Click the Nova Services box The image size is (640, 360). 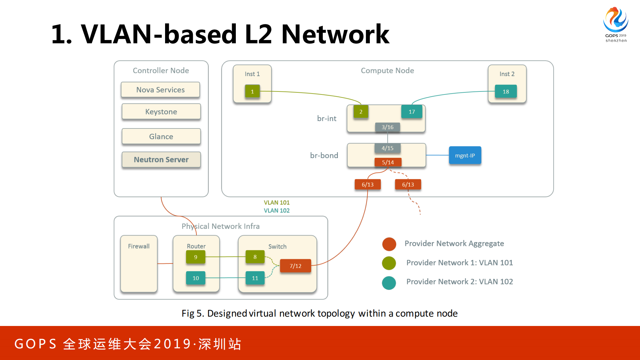[160, 90]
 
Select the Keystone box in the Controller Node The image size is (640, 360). [161, 112]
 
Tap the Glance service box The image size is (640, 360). [161, 136]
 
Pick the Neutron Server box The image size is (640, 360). [161, 159]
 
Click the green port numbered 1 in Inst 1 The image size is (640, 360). [252, 91]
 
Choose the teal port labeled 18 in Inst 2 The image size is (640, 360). [506, 91]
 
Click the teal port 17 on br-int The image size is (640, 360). [412, 112]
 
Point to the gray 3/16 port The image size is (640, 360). [387, 127]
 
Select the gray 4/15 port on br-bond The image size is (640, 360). [387, 148]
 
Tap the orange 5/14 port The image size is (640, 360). [388, 162]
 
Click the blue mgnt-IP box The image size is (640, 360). [465, 155]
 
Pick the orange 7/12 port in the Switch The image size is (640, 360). [295, 266]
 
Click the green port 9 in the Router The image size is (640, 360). [195, 257]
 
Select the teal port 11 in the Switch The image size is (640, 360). [255, 278]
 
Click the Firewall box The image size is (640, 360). [139, 264]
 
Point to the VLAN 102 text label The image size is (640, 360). [276, 211]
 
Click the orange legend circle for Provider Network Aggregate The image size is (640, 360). [389, 244]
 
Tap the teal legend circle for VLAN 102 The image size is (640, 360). [389, 283]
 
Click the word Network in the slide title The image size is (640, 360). [335, 34]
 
